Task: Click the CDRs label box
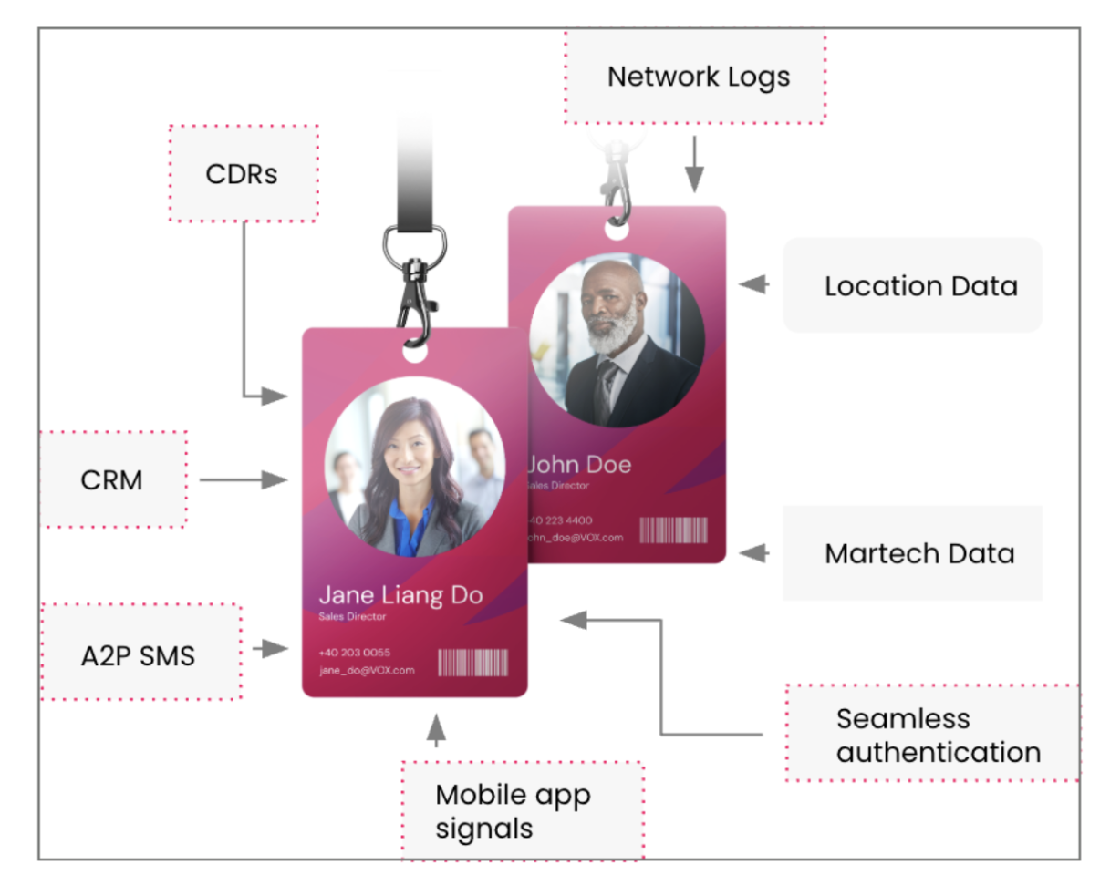(x=243, y=173)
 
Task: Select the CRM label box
(x=112, y=479)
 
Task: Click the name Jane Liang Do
(x=400, y=595)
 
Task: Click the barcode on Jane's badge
(x=472, y=663)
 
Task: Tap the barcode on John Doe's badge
(x=673, y=530)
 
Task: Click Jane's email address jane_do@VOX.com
(x=367, y=670)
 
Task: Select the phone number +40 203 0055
(x=355, y=653)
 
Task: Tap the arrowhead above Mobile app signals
(x=437, y=727)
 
